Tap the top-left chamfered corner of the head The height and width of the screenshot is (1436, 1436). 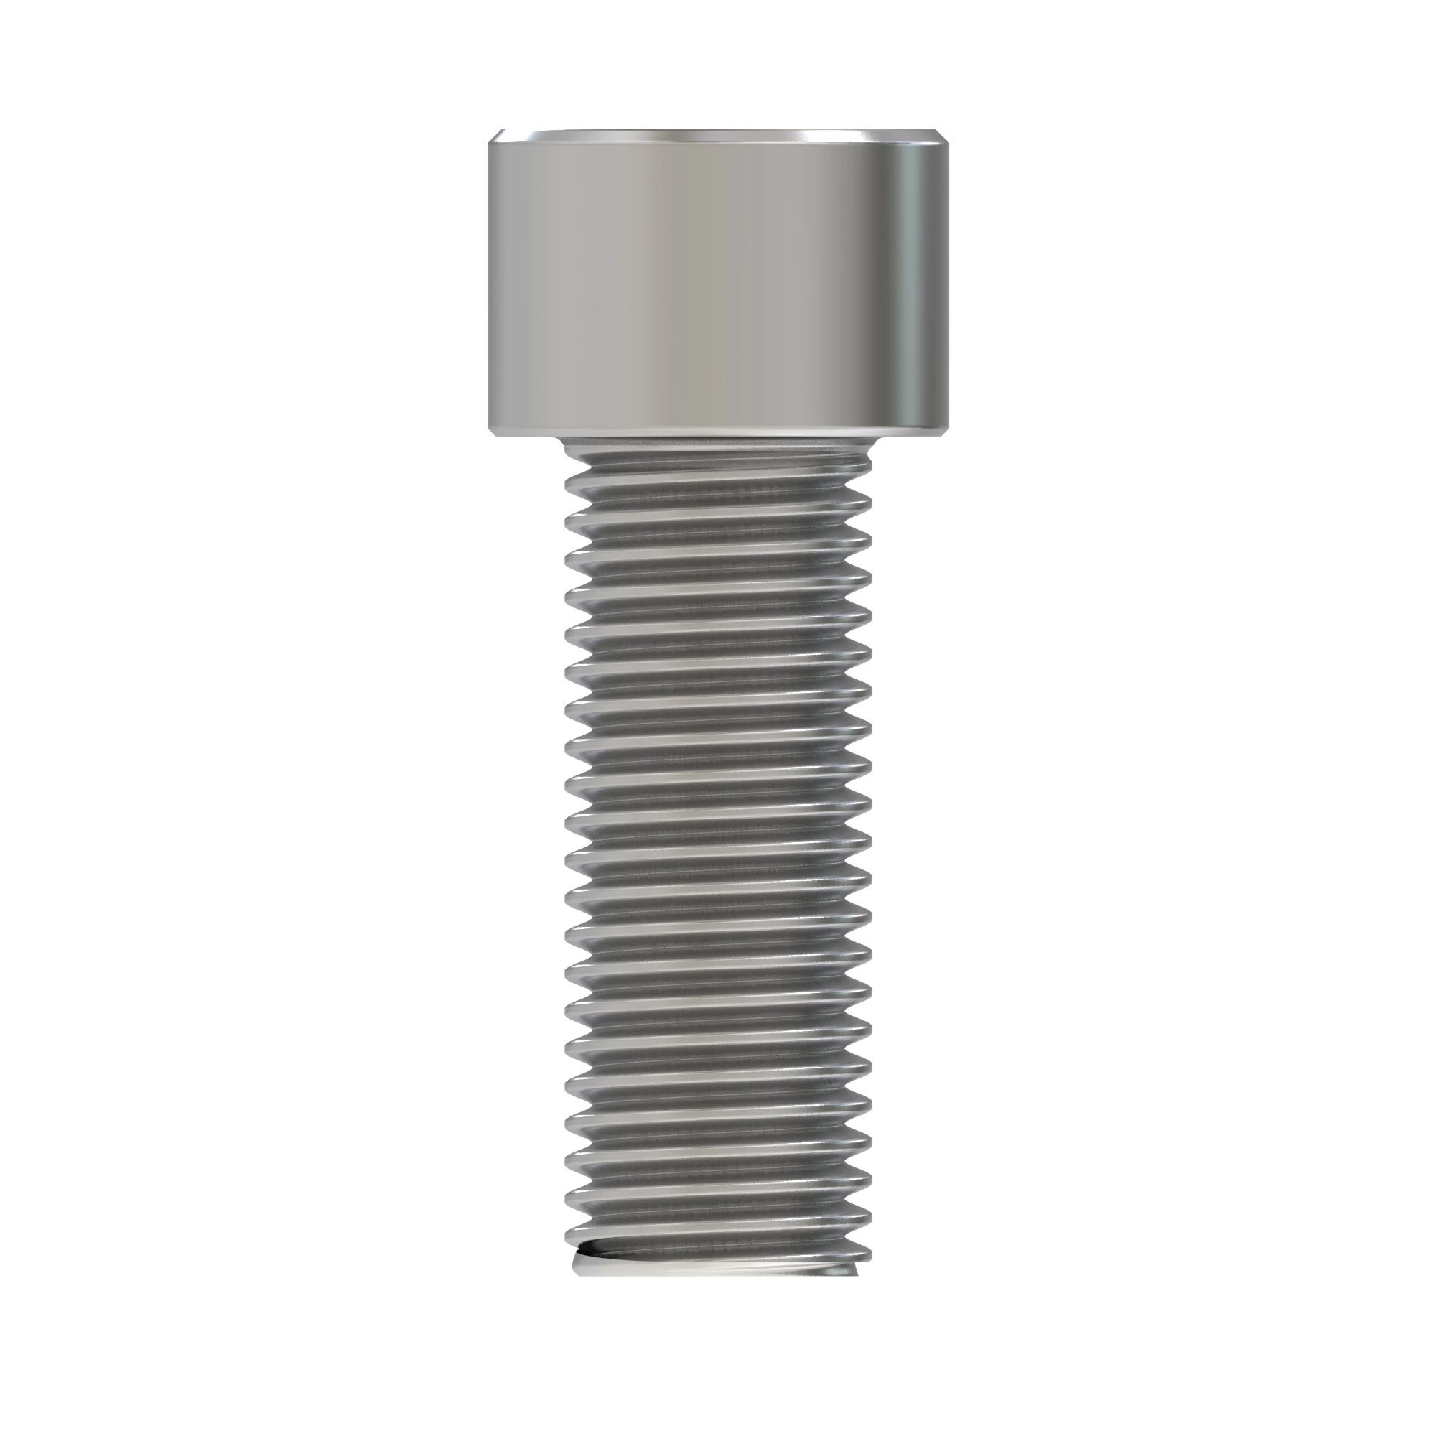[493, 139]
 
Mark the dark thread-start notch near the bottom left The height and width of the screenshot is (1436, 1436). [587, 1268]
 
